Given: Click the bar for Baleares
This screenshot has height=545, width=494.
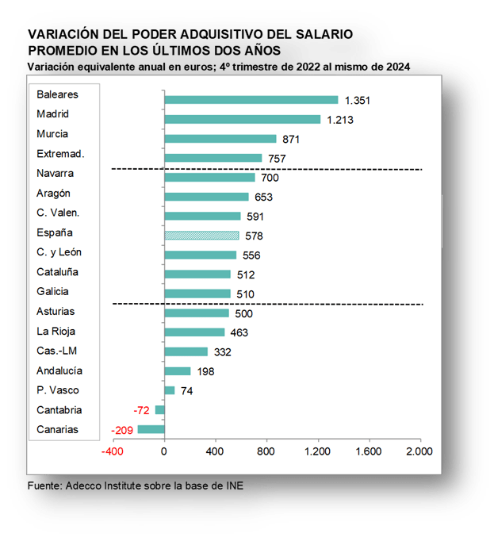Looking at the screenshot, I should [251, 100].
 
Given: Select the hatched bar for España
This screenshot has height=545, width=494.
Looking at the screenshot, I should [201, 235].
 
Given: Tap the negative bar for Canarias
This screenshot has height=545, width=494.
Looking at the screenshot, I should [151, 429].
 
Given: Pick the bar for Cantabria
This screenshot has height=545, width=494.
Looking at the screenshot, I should [160, 410].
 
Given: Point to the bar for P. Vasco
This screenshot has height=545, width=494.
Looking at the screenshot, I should [170, 390].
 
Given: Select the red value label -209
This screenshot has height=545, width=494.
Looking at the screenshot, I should [122, 430].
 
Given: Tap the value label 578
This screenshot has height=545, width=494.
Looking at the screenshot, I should [254, 236].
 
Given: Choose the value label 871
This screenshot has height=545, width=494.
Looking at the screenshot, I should [291, 139].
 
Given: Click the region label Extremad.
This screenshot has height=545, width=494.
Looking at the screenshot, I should [60, 153].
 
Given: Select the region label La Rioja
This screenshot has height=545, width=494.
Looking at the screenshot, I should [56, 331].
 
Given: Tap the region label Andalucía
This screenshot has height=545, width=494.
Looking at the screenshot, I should [59, 370].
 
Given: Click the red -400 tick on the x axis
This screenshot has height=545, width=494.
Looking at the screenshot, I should [113, 451].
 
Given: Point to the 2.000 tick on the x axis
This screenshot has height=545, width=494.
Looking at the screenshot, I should [419, 451].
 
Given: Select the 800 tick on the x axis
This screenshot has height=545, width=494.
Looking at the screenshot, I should [266, 451].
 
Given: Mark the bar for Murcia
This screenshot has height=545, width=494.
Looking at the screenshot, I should [220, 139].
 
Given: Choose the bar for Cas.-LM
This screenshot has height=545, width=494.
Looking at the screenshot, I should [186, 351].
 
